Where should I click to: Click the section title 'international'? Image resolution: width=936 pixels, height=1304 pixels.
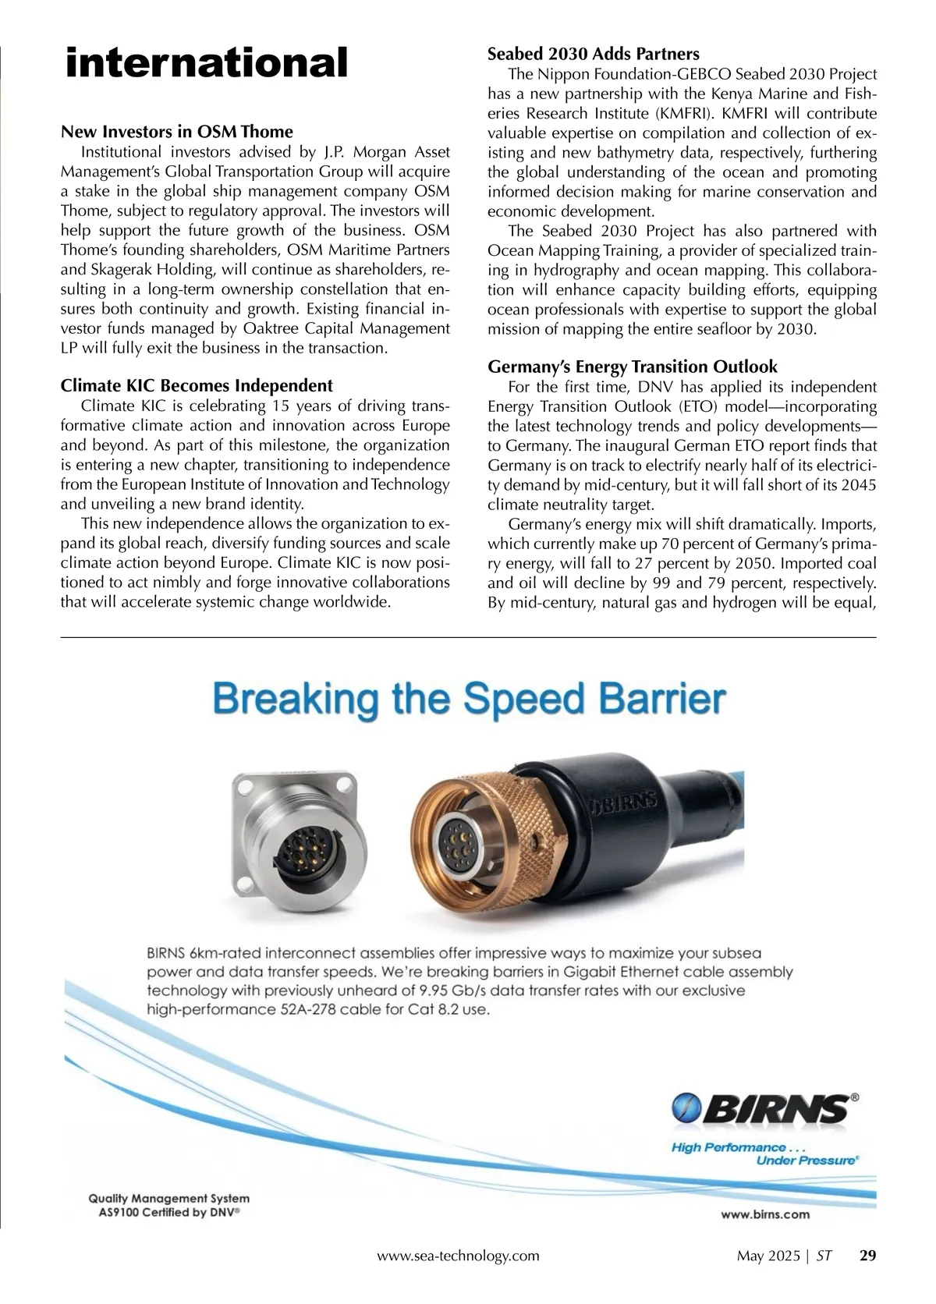[207, 62]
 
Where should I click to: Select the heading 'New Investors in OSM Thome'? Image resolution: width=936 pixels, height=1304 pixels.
[177, 131]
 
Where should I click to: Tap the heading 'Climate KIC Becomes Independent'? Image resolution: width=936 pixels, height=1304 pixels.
[197, 385]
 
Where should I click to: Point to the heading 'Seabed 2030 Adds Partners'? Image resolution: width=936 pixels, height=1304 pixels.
[594, 54]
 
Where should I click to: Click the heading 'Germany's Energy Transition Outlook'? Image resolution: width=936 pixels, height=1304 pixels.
[633, 367]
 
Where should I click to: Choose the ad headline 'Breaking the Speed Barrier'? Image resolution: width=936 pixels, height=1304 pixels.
[470, 700]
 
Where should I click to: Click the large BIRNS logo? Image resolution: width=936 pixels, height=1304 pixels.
[760, 1107]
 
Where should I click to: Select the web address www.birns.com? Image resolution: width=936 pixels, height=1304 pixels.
[764, 1214]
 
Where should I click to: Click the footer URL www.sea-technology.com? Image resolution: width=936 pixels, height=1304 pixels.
[458, 1256]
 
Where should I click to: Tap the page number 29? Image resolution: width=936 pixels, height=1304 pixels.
[867, 1256]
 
